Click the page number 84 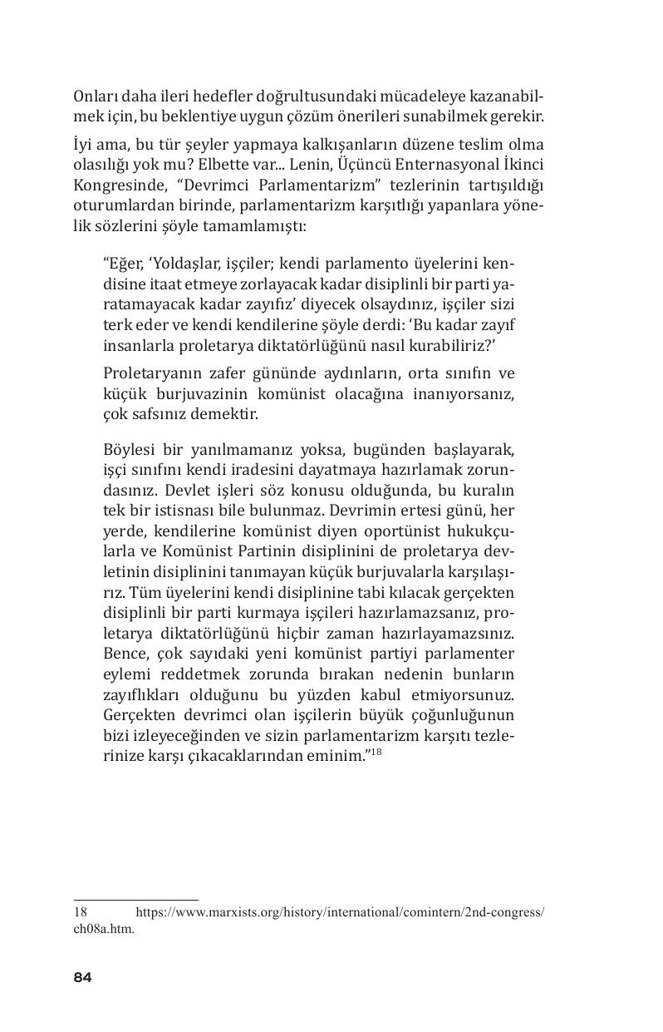point(82,977)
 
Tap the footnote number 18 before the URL point(81,912)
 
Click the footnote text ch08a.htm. point(104,931)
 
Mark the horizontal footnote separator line point(136,900)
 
